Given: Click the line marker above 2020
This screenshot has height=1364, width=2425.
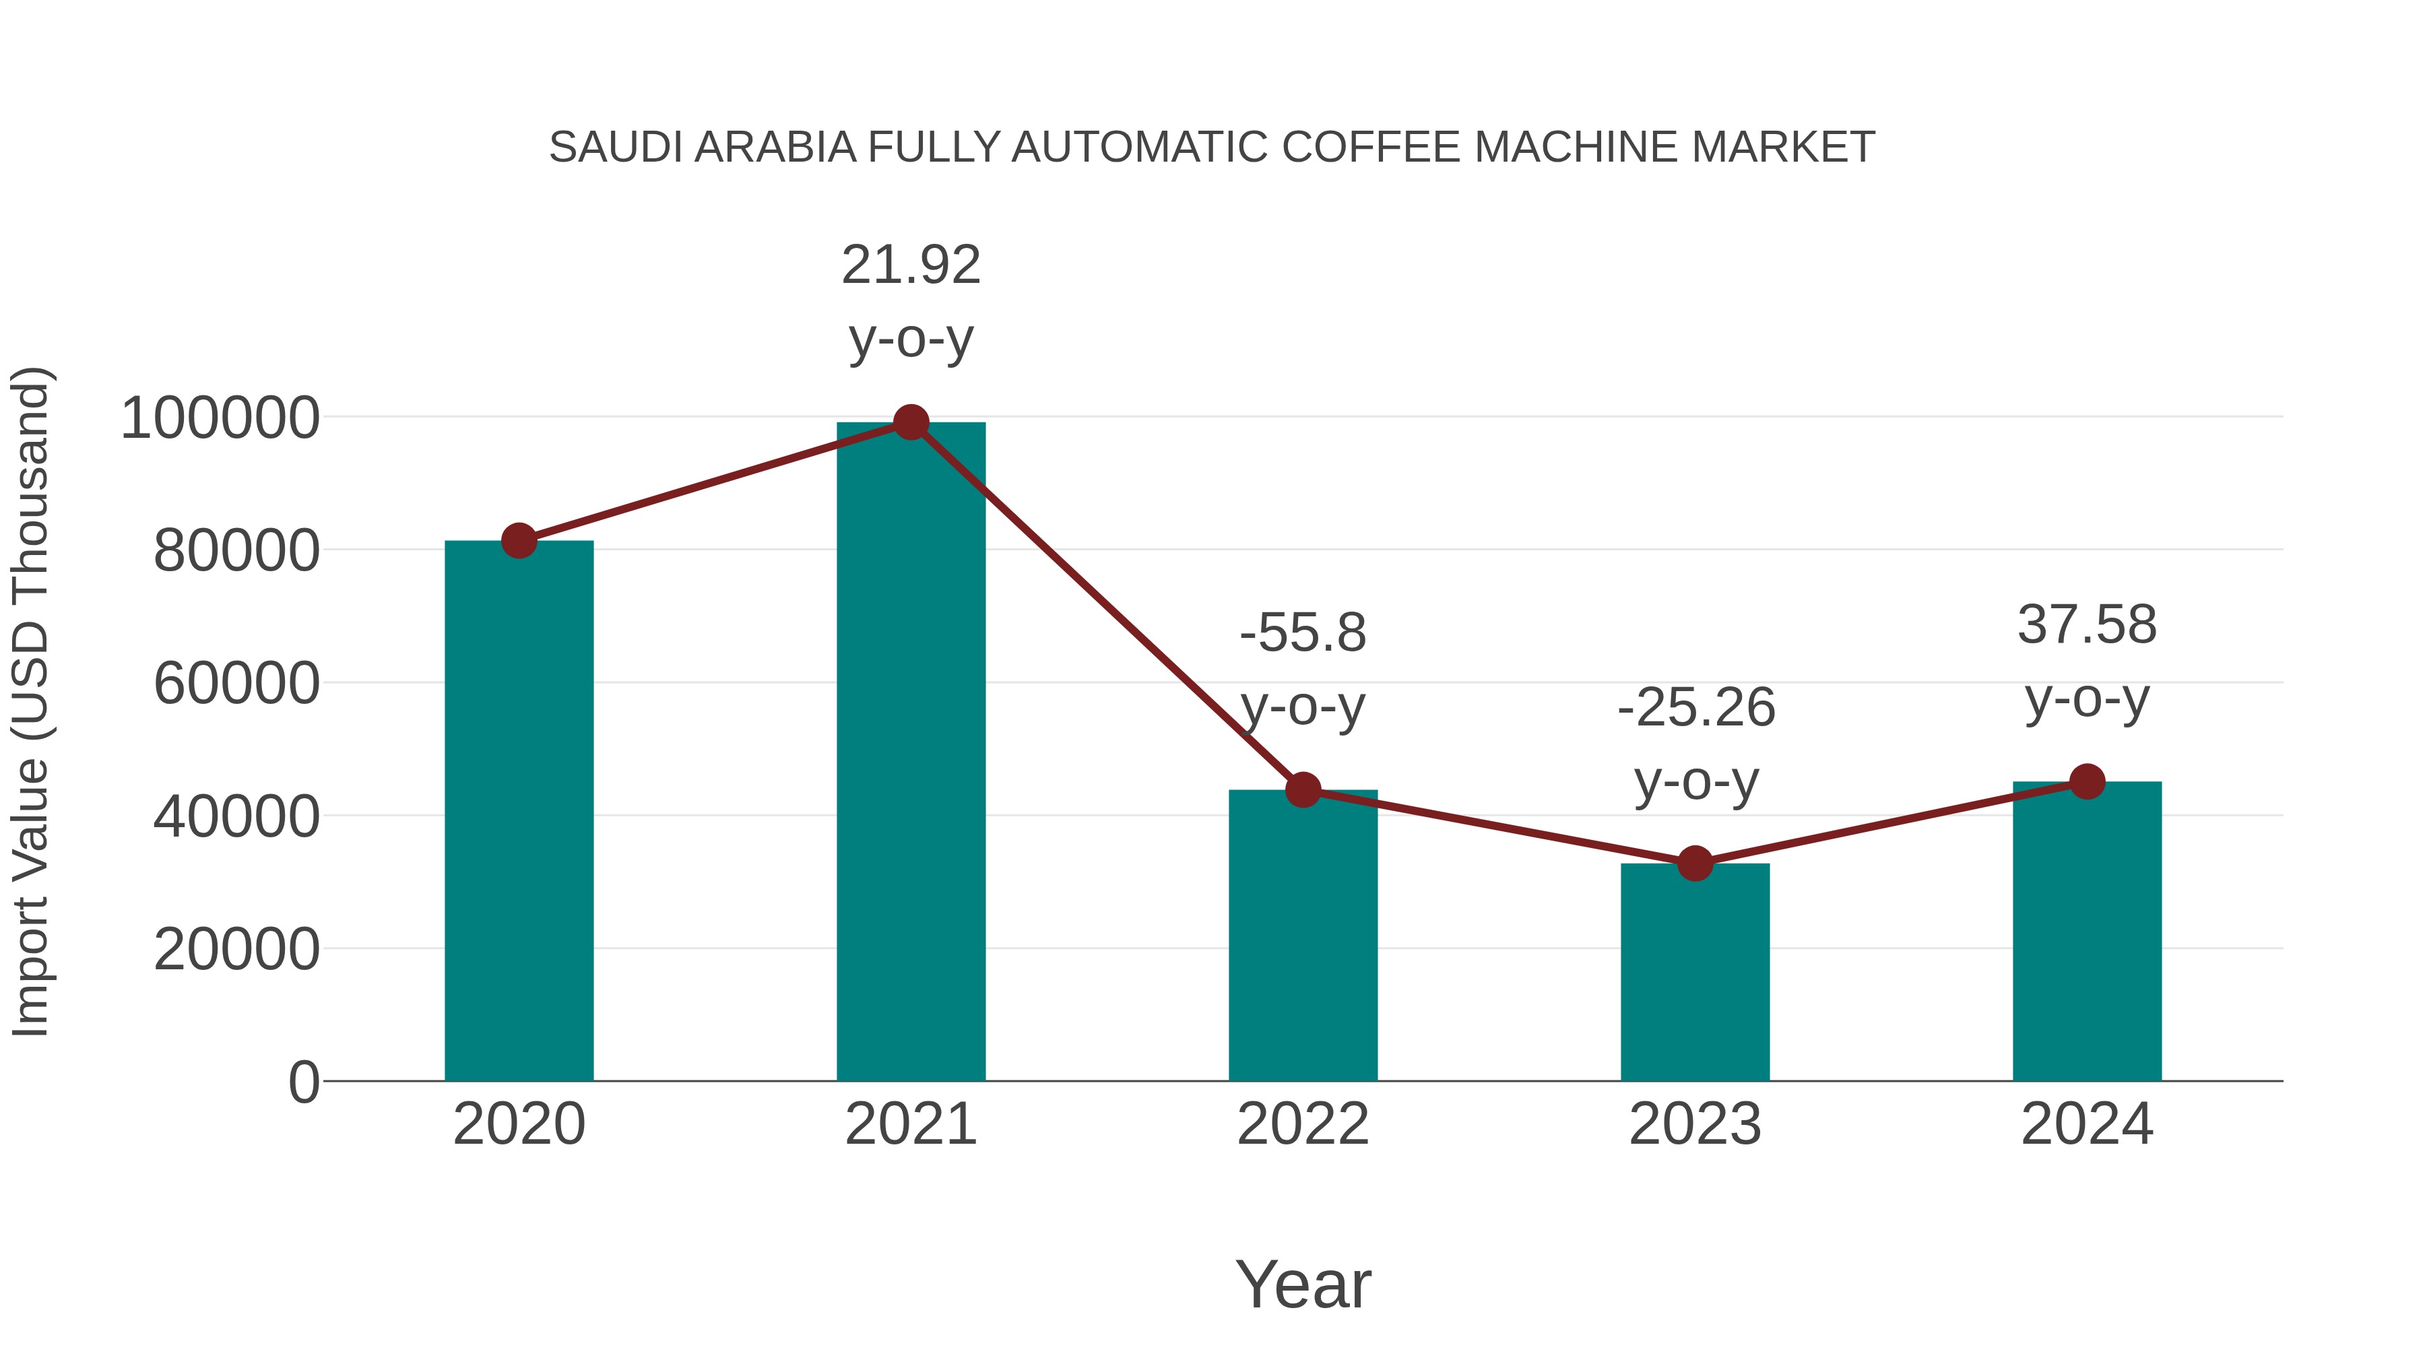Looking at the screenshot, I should pos(519,542).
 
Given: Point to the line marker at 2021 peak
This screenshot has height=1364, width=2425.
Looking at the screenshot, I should pos(910,422).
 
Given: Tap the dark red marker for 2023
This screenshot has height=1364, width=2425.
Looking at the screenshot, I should pos(1695,864).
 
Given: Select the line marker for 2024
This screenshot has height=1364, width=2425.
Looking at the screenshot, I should pos(2087,781).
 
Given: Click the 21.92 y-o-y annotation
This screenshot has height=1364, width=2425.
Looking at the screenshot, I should pos(910,265).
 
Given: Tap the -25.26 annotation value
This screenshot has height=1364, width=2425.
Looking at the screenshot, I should pos(1695,708).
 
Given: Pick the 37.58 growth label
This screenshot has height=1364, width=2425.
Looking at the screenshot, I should pos(2087,625).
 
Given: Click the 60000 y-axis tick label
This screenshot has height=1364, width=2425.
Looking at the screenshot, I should pos(236,684).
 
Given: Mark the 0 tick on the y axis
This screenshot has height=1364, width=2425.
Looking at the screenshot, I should pos(303,1082).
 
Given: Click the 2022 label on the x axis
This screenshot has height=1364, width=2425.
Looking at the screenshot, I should pos(1303,1124).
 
